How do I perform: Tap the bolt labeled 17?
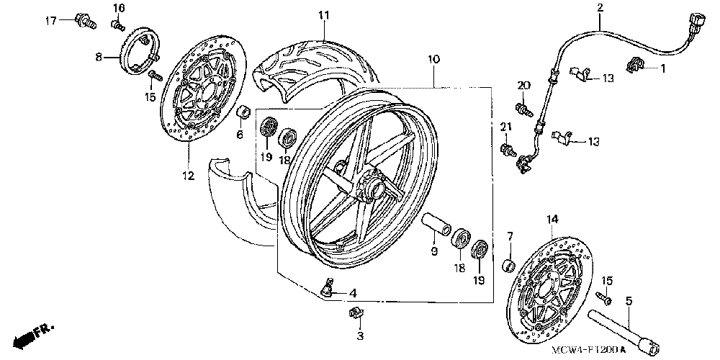click(86, 22)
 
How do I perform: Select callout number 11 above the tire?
click(324, 14)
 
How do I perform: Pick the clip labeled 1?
click(635, 64)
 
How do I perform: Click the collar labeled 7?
click(508, 266)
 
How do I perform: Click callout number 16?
click(119, 8)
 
